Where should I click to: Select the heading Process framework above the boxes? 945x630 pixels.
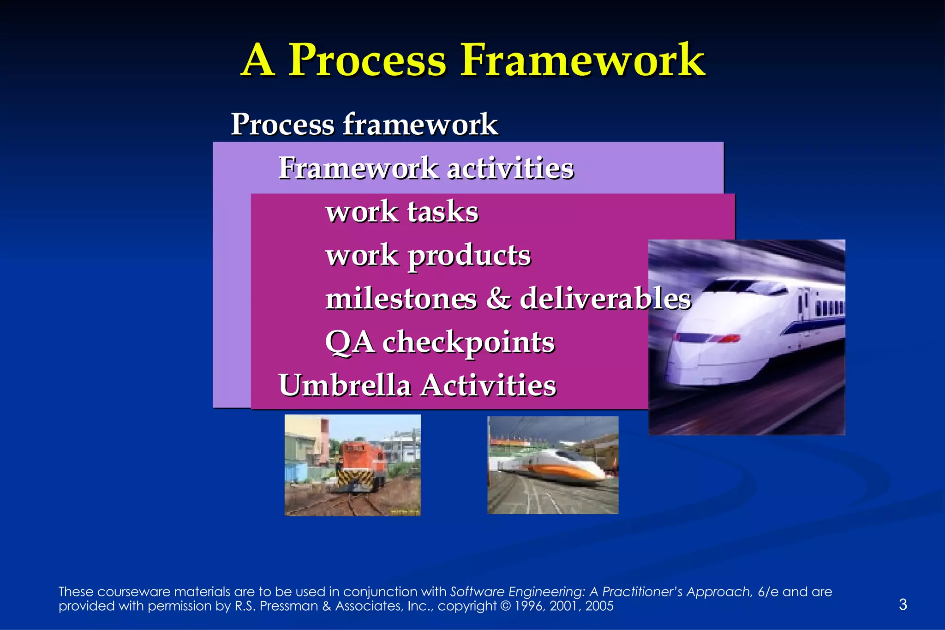(x=364, y=124)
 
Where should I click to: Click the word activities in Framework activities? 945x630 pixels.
(x=510, y=168)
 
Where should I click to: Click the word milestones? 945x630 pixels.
(x=401, y=299)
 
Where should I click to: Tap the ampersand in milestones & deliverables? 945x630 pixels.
(x=498, y=299)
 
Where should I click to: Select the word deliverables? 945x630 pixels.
(x=605, y=299)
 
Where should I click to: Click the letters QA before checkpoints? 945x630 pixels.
(x=349, y=342)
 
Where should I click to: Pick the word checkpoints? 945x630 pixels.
(x=468, y=342)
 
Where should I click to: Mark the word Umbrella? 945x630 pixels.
(x=345, y=385)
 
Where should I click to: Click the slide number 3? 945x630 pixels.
(x=903, y=604)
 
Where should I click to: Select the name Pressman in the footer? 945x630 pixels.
(x=289, y=606)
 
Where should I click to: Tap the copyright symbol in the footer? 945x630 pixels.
(x=505, y=606)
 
